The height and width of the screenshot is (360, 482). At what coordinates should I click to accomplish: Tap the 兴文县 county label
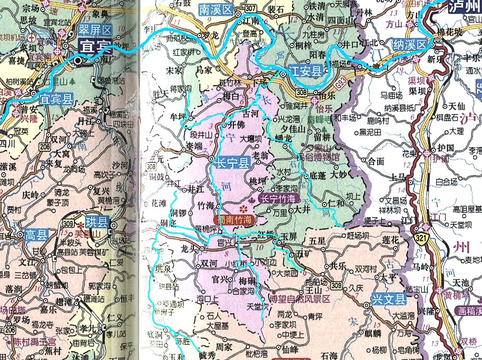[388, 299]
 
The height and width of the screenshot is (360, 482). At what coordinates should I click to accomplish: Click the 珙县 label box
[96, 220]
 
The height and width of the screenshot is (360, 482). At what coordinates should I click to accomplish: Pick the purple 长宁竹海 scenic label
[279, 198]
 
